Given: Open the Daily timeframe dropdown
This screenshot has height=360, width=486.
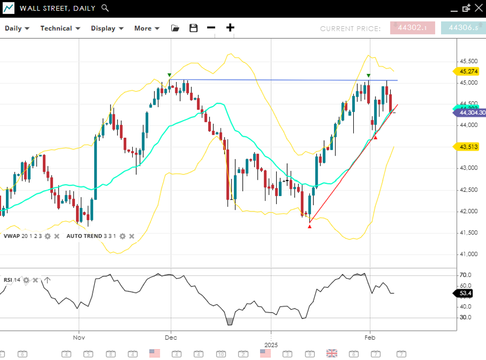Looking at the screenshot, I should click(x=17, y=28).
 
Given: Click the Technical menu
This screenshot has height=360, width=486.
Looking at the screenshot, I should click(x=60, y=28).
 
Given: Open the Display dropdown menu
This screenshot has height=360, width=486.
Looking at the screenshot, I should click(x=107, y=28).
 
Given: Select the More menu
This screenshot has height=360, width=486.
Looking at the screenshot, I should click(x=147, y=28).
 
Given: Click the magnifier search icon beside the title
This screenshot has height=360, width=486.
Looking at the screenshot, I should click(x=105, y=8).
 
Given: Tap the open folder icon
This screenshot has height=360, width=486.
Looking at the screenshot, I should click(x=175, y=28).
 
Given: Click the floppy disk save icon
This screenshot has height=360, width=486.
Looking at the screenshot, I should click(x=193, y=28).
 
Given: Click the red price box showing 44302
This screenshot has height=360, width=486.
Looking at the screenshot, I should click(x=412, y=28).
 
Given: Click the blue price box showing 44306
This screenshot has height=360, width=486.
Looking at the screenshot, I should click(x=463, y=28).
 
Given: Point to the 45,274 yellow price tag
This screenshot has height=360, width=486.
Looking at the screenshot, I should click(x=468, y=71).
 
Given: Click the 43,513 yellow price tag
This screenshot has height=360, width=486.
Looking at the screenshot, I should click(x=468, y=146).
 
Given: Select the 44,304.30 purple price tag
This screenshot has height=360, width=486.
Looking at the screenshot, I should click(x=471, y=113).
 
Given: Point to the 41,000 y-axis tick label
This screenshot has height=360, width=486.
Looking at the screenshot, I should click(x=468, y=254).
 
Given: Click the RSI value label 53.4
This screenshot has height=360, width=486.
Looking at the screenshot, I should click(x=465, y=293).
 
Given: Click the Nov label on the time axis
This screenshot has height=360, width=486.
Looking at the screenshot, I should click(x=79, y=338).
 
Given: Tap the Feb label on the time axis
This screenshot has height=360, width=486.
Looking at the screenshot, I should click(x=370, y=338).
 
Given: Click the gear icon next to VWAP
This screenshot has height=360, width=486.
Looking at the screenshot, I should click(x=47, y=236).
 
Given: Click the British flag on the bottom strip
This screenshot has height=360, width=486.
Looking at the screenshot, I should click(x=332, y=353).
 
